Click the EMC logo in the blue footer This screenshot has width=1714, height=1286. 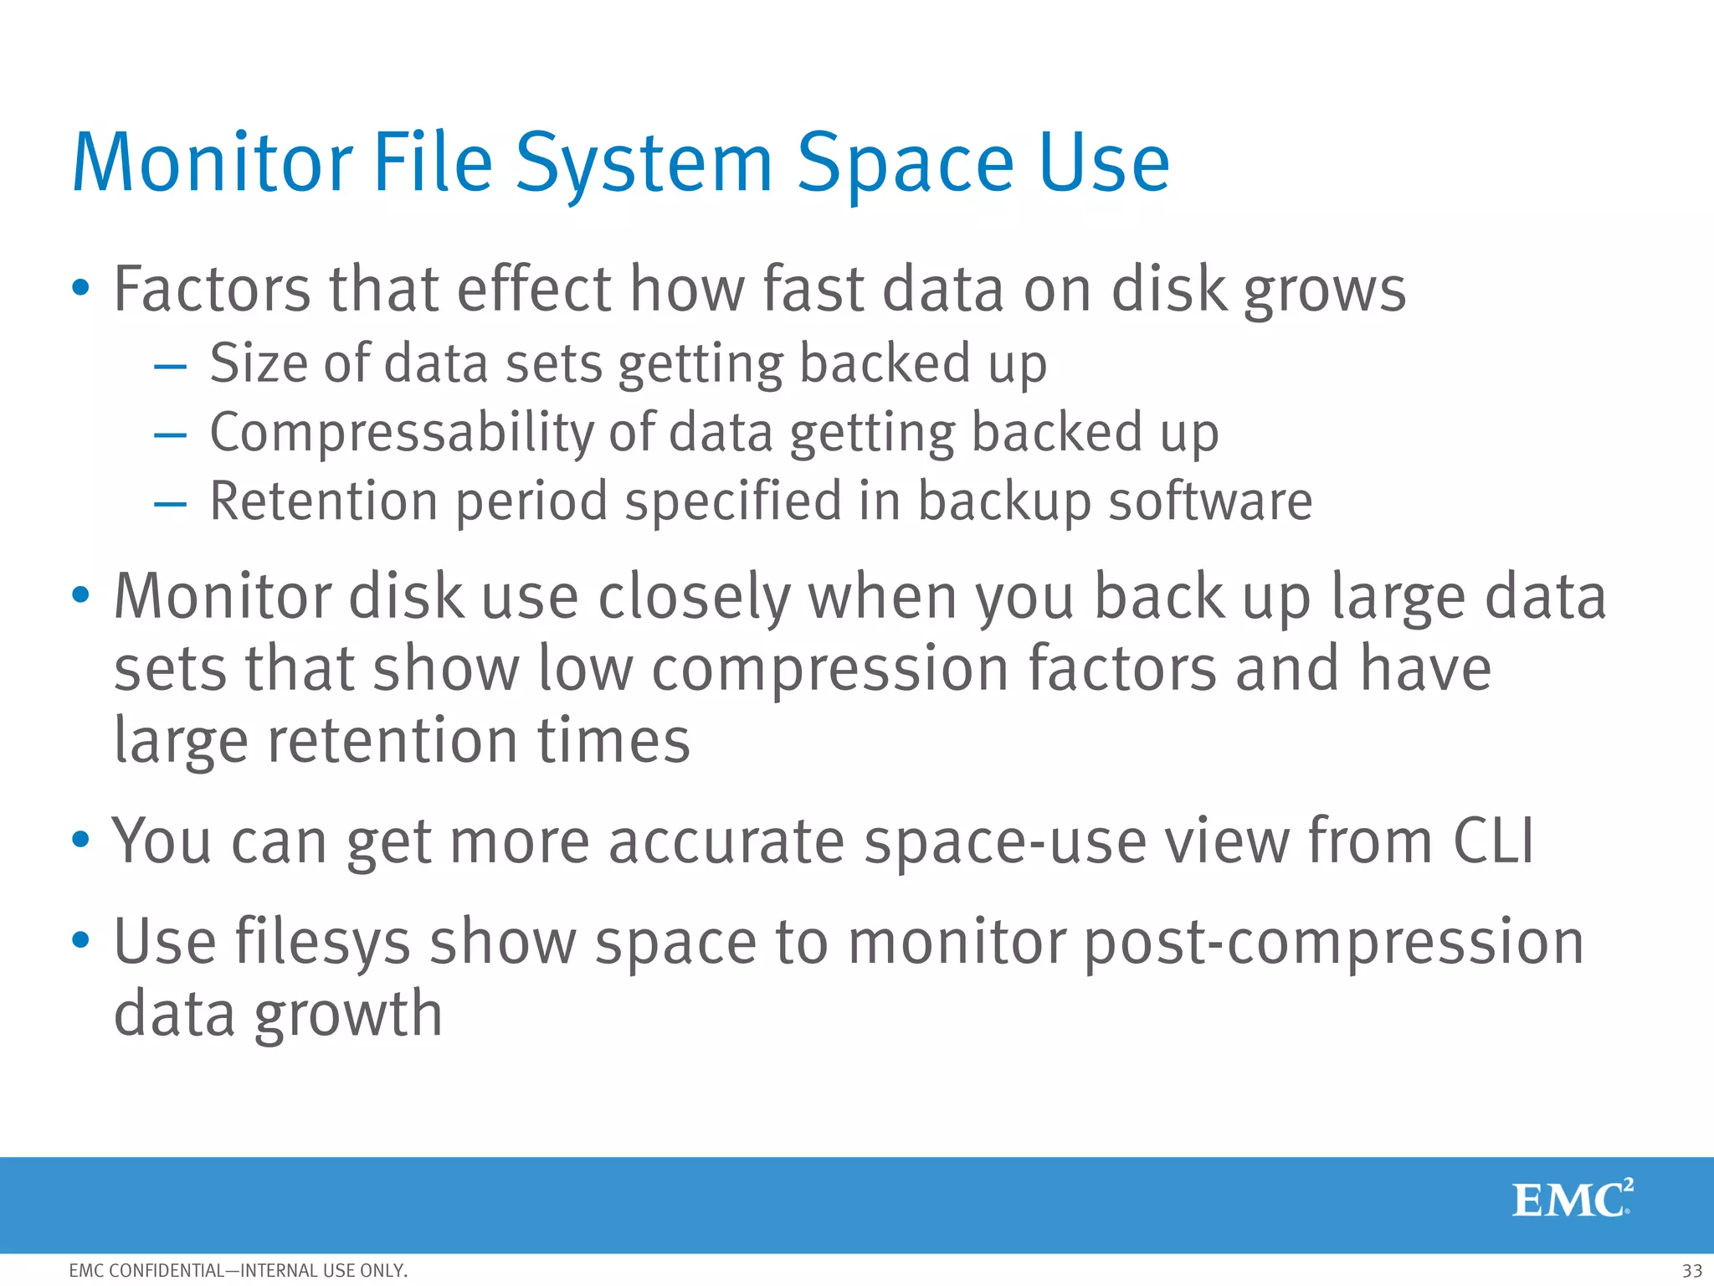1572,1199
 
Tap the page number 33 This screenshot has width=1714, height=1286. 1691,1270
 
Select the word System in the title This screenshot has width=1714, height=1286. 644,165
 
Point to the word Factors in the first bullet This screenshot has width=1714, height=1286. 213,290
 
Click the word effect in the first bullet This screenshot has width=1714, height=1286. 534,290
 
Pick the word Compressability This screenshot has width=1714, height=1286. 401,433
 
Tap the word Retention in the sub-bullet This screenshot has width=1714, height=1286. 324,502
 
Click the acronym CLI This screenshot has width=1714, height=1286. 1494,841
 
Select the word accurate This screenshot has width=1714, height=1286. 726,841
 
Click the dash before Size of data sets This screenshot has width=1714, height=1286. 170,366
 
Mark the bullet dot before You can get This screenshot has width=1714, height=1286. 80,840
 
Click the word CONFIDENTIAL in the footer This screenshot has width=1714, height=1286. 167,1271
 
